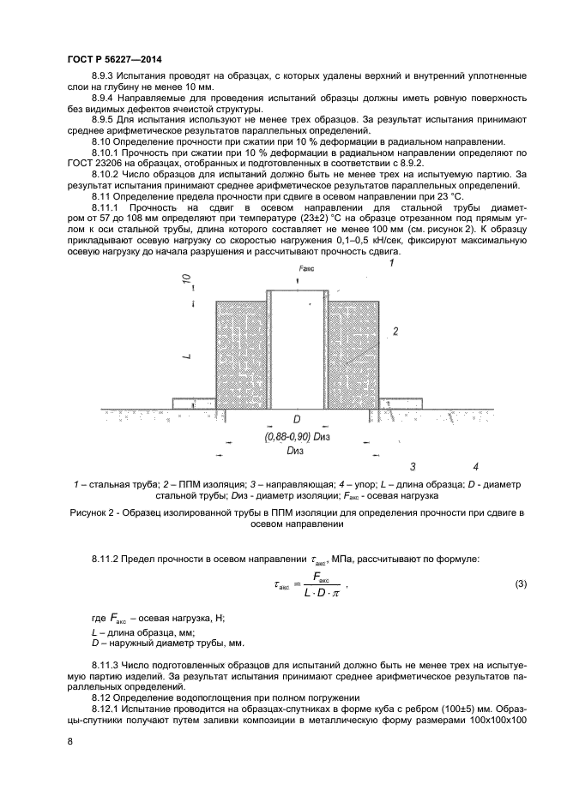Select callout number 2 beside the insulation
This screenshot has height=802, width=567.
coord(395,330)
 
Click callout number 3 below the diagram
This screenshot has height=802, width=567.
coord(413,467)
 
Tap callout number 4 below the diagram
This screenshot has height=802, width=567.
coord(475,467)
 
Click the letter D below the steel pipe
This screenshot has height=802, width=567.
coord(297,420)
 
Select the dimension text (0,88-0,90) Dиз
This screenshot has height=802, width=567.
coord(297,436)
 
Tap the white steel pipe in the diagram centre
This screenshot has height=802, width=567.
coord(297,351)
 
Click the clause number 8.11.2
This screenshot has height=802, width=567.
coord(110,559)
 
